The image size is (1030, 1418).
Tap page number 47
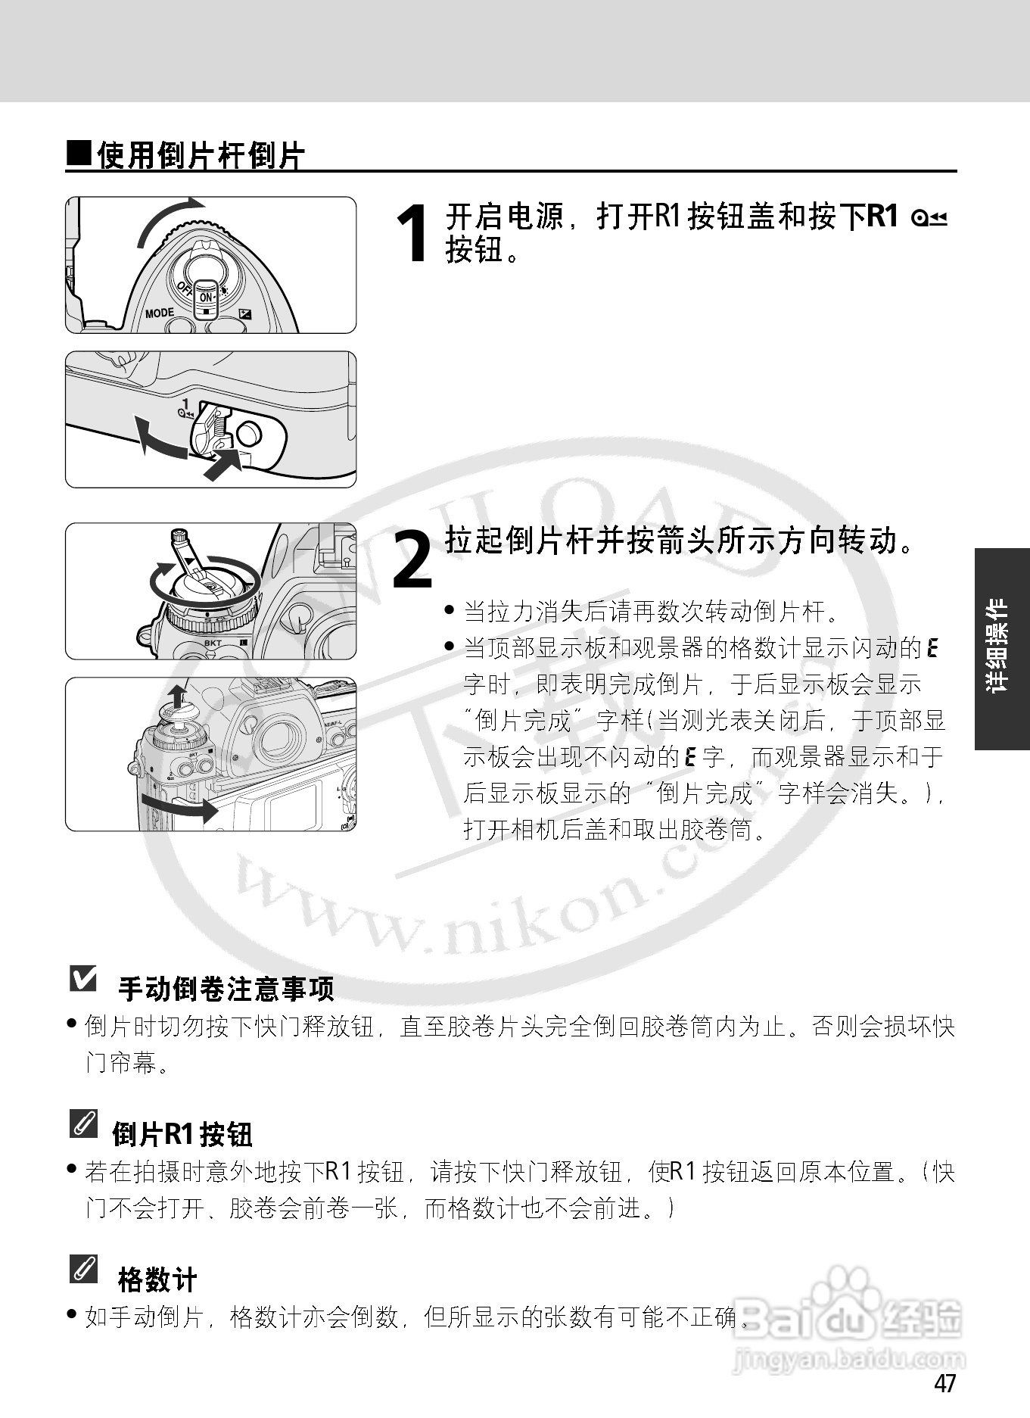click(944, 1383)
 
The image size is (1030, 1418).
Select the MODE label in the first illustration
click(160, 313)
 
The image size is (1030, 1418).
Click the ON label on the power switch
click(206, 298)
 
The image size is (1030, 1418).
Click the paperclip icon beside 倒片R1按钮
click(83, 1123)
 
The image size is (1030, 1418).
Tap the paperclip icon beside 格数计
click(83, 1269)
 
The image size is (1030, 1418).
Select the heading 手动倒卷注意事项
click(226, 989)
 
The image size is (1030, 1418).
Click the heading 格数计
click(157, 1280)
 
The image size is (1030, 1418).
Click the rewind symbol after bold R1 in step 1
click(930, 219)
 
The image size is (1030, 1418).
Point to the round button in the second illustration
click(248, 434)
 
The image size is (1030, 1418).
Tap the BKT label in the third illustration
click(213, 644)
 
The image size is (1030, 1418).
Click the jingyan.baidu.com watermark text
click(848, 1360)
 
